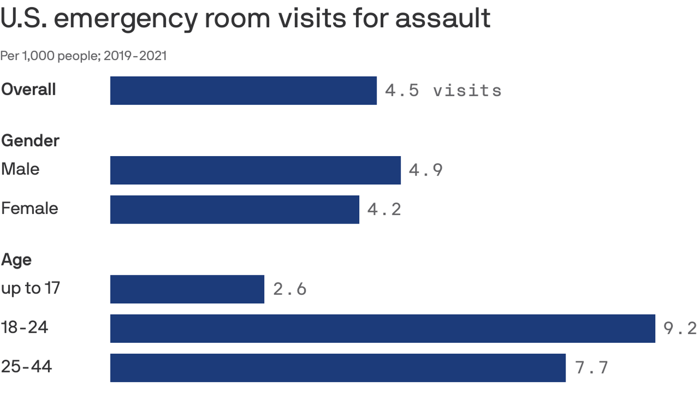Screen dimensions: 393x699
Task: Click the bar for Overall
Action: pos(243,91)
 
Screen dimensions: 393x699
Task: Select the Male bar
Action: pos(255,170)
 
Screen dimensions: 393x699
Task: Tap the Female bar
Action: pos(234,209)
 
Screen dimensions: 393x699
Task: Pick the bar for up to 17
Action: pos(187,289)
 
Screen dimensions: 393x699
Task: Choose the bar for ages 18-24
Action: pos(382,329)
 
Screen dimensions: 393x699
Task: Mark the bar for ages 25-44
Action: pos(338,367)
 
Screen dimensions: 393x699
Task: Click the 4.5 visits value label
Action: pos(443,91)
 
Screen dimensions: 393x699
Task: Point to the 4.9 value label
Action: pos(426,170)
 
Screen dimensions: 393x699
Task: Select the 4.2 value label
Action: pos(384,209)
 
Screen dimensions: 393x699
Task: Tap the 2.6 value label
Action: pos(290,289)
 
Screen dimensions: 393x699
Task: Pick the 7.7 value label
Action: pos(592,367)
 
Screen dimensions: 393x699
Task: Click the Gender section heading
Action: pos(30,140)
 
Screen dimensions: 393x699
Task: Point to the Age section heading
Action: pos(16,260)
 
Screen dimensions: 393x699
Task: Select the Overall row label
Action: pos(29,90)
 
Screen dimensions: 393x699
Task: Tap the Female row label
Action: pos(30,208)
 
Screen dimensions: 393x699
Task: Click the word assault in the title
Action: pos(443,19)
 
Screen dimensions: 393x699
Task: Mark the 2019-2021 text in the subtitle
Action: pos(135,56)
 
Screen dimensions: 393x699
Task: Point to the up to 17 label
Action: pos(31,288)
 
